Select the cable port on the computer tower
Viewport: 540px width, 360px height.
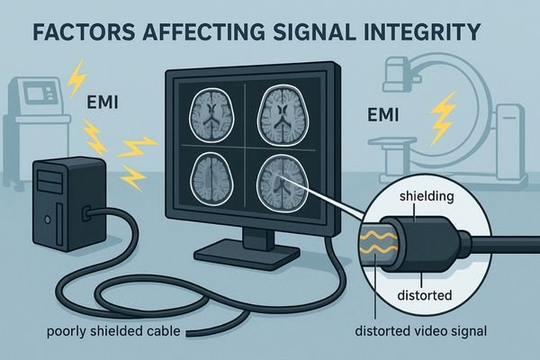(87, 214)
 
